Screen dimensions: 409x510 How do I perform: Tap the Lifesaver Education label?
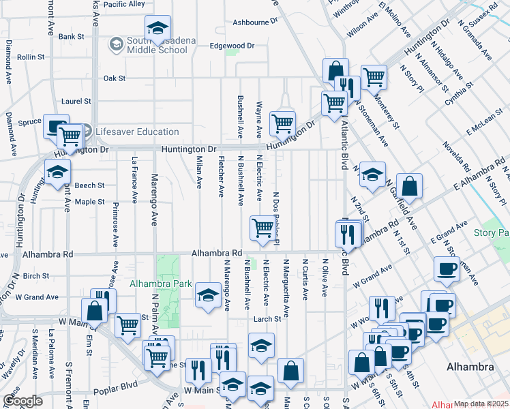[136, 132]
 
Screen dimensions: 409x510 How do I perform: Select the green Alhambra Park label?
[156, 283]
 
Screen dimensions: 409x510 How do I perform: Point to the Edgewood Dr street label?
[232, 46]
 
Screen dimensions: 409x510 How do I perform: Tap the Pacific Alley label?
[125, 4]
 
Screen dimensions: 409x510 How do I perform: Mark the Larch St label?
[268, 319]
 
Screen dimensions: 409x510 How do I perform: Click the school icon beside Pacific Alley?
[157, 29]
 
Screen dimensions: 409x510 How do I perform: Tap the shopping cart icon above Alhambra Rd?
[262, 228]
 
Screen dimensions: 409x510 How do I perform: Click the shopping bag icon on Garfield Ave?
[409, 185]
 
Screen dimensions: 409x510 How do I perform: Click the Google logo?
[22, 401]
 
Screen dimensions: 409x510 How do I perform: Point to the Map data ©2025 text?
[481, 404]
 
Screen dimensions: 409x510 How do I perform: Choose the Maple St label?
[89, 202]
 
